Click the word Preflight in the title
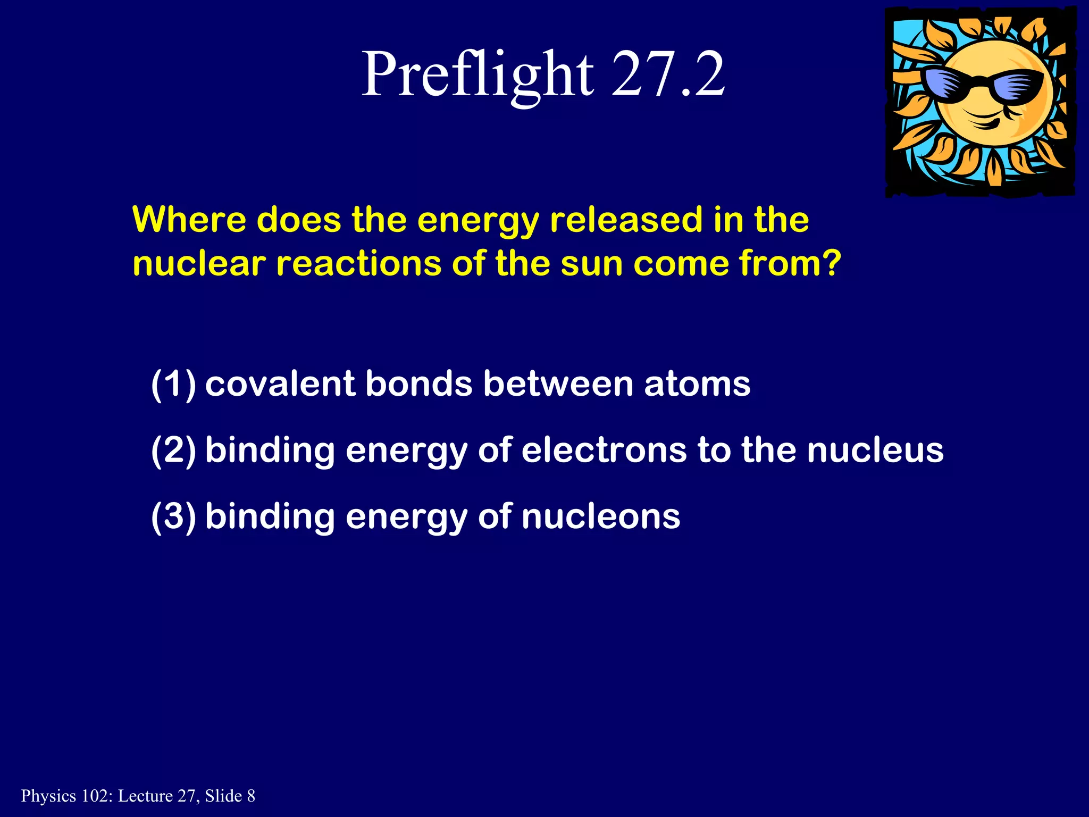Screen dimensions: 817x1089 477,74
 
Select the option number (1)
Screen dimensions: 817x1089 173,384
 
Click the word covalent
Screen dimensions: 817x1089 280,384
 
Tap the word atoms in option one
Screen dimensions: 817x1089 697,384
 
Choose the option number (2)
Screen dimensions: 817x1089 173,450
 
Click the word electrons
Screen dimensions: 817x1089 604,450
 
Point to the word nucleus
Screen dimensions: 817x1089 875,450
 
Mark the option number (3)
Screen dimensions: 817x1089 173,516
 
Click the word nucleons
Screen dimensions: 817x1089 600,516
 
